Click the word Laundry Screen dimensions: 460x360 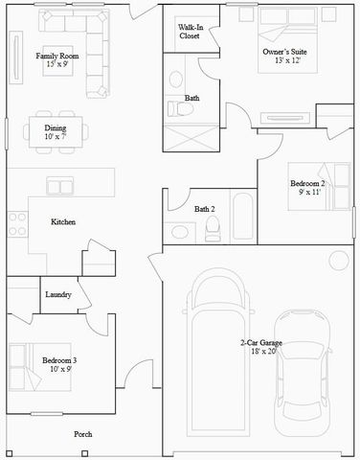[x=58, y=295]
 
